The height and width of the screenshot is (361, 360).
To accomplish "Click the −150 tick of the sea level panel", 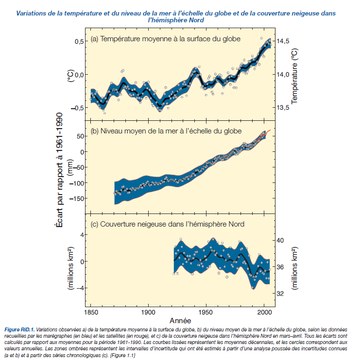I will click(74, 198).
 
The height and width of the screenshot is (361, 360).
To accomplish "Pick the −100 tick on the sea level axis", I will click(74, 183).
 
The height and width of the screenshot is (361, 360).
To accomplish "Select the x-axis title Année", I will click(180, 321).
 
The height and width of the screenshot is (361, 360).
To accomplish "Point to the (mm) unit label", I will click(71, 166).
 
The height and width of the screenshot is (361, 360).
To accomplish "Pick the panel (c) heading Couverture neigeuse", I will click(168, 224).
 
